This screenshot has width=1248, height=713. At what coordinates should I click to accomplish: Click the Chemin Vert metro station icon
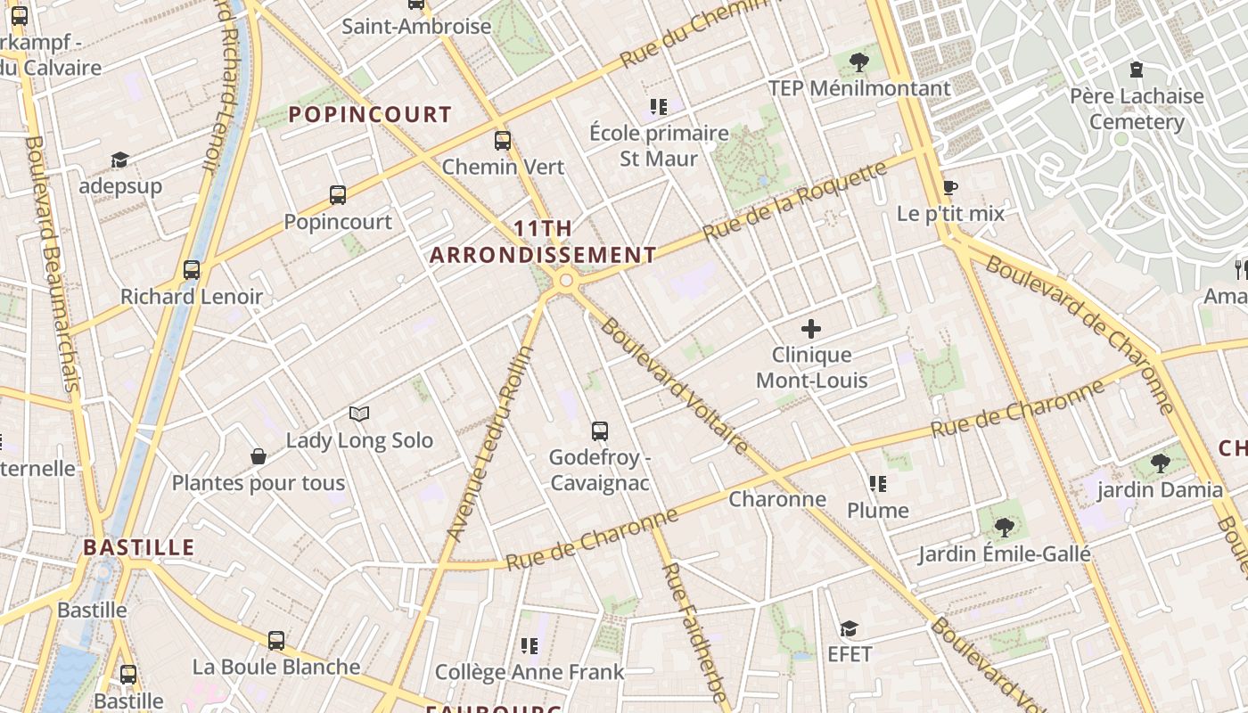[503, 140]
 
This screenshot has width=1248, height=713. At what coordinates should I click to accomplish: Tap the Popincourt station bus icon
[338, 194]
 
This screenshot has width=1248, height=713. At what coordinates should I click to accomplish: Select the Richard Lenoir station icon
[192, 269]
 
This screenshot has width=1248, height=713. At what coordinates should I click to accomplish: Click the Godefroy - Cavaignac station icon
[600, 431]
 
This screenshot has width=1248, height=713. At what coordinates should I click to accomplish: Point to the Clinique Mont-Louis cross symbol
[811, 329]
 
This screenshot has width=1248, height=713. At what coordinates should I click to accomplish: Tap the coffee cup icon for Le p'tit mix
[950, 187]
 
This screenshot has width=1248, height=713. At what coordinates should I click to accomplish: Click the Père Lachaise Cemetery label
[1137, 109]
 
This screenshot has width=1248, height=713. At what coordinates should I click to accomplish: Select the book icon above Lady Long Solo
[359, 414]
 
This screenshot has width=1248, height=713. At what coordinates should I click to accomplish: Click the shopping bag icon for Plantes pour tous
[259, 456]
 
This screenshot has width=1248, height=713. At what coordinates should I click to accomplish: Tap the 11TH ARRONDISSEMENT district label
[543, 242]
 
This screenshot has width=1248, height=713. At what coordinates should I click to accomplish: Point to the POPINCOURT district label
[370, 114]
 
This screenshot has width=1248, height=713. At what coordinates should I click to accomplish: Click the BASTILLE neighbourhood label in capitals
[139, 547]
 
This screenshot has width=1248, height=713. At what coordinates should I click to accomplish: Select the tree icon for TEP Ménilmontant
[859, 61]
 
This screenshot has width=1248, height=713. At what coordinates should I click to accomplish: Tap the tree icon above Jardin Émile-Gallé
[1005, 528]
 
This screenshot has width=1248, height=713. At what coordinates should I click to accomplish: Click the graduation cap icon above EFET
[849, 628]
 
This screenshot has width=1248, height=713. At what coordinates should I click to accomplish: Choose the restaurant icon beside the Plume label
[878, 484]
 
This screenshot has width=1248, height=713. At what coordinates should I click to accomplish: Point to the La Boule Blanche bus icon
[276, 640]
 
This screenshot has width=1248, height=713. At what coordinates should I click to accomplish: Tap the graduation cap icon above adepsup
[120, 160]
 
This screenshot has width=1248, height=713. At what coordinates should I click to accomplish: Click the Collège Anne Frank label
[530, 671]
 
